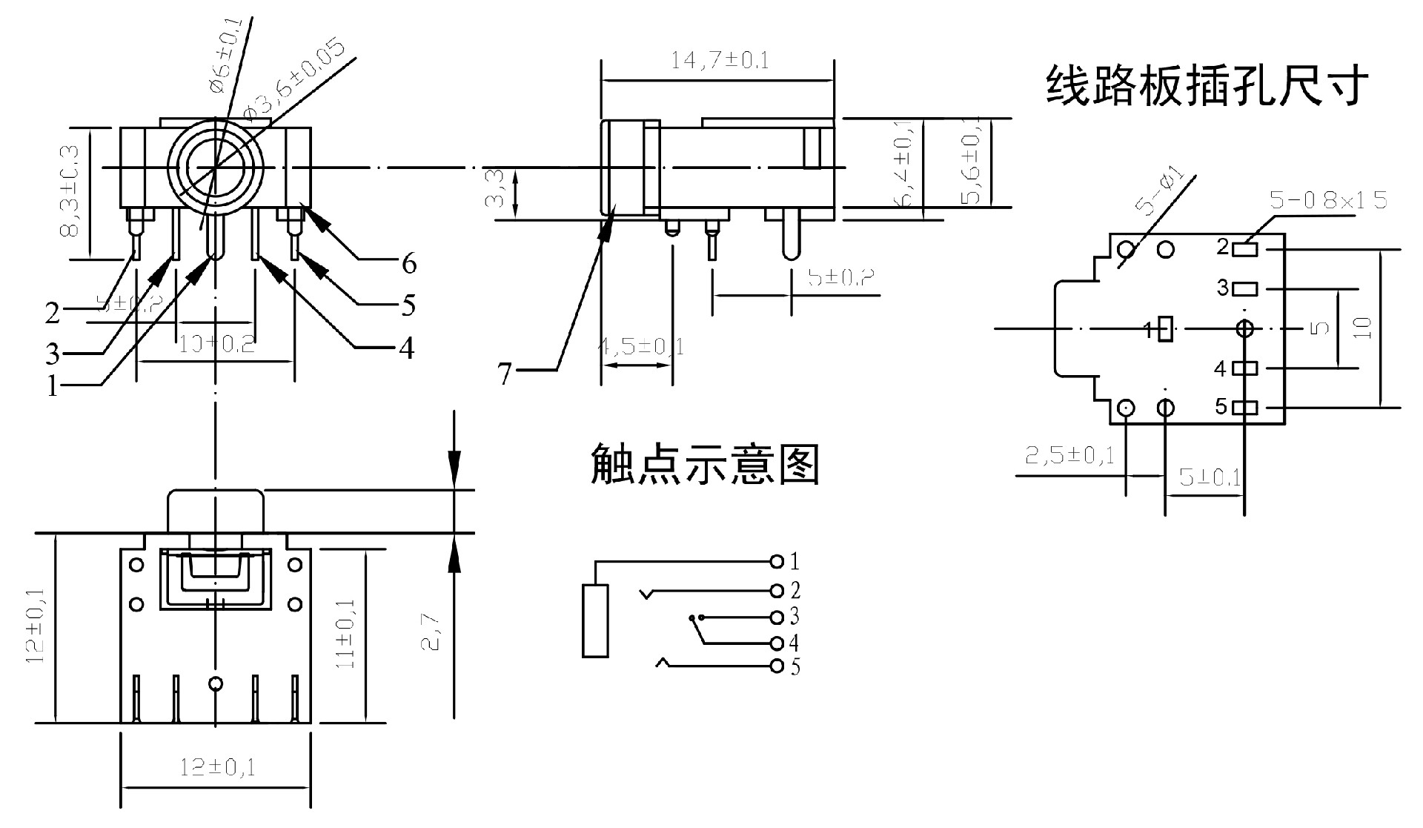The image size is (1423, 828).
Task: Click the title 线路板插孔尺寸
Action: (x=1206, y=87)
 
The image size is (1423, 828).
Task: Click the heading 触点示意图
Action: (x=704, y=465)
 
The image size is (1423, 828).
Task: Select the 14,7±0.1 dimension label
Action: (x=720, y=60)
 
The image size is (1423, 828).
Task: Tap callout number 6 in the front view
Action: (x=409, y=263)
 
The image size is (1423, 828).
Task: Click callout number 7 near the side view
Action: (x=505, y=374)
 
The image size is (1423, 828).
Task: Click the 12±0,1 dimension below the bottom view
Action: (x=217, y=766)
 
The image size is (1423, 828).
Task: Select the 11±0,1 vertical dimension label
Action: (x=346, y=634)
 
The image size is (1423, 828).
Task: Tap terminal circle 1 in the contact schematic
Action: (x=777, y=560)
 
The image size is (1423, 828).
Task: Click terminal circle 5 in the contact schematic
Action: (x=777, y=666)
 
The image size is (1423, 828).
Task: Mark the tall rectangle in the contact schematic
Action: (x=595, y=620)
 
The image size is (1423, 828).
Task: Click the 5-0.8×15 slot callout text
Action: (x=1328, y=200)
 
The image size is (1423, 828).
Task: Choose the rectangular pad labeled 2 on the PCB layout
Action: (x=1245, y=248)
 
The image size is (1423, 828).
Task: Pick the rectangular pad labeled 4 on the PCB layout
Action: (x=1245, y=368)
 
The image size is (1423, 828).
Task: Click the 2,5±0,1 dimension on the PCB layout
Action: (x=1069, y=455)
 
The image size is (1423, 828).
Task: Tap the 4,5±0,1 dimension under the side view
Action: (x=642, y=346)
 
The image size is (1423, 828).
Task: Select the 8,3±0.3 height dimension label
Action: (x=71, y=191)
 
